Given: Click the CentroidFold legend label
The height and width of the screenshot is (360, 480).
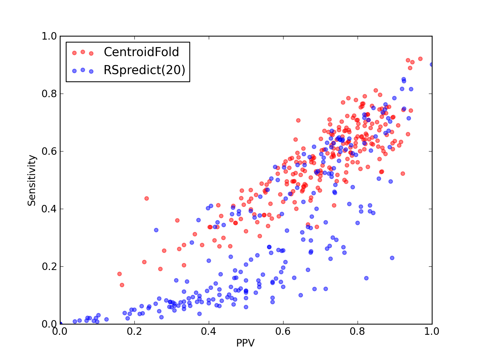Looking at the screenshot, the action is tap(141, 52).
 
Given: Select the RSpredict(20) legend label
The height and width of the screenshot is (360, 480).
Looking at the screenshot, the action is tap(144, 70).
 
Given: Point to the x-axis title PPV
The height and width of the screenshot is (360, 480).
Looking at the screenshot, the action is tap(245, 343).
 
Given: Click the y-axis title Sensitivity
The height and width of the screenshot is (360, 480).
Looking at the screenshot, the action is tap(32, 180).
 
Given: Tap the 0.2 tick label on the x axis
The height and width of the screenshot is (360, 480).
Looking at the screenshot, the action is tap(134, 331).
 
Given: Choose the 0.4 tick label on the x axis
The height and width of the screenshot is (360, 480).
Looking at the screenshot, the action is tap(208, 331).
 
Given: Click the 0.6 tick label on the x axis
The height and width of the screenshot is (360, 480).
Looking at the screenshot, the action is tap(283, 331).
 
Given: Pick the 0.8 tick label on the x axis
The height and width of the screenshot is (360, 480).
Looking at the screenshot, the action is tap(357, 331).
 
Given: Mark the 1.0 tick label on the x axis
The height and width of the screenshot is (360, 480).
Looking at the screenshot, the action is tap(432, 331).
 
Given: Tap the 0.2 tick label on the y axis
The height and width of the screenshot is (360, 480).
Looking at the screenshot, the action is tap(49, 267).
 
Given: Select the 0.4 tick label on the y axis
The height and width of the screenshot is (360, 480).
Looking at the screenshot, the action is tap(49, 209).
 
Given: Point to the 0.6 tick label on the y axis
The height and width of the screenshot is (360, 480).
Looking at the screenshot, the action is tap(49, 151).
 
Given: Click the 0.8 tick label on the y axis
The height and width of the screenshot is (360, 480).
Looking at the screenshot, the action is tap(49, 94).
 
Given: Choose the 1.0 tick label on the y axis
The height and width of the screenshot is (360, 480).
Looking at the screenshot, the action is tap(49, 36).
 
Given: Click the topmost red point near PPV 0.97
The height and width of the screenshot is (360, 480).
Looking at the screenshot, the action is tap(420, 59).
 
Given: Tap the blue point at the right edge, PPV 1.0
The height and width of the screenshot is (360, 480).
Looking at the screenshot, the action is tap(431, 64).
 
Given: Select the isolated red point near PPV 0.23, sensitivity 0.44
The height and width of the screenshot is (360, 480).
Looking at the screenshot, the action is tap(146, 199).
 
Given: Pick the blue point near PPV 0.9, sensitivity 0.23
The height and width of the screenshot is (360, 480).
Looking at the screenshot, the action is tap(392, 258).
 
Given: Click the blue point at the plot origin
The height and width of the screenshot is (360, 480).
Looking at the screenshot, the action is tap(60, 324).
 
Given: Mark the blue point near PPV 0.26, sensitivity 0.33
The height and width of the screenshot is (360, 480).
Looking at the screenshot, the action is tap(156, 230).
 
